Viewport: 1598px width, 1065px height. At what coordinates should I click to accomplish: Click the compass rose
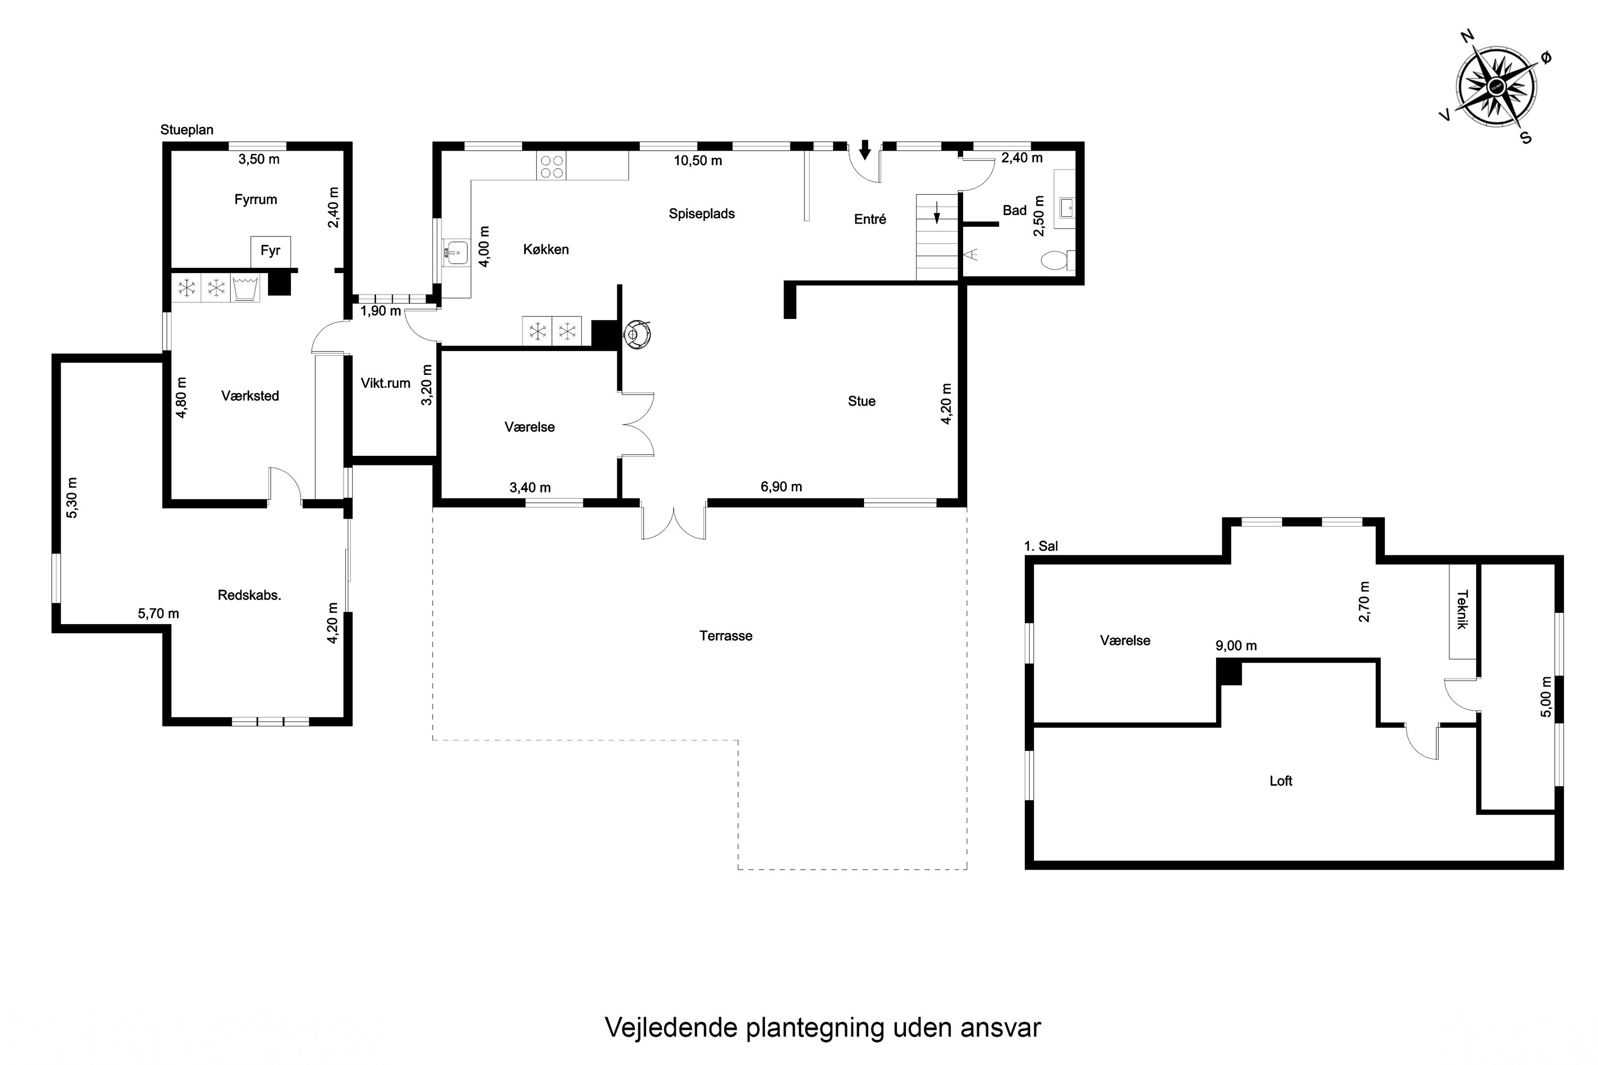(x=1497, y=87)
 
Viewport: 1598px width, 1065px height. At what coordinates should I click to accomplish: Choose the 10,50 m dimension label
(x=698, y=161)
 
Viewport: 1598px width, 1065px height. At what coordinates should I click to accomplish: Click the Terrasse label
(x=725, y=636)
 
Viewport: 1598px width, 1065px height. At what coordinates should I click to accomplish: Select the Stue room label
(x=861, y=402)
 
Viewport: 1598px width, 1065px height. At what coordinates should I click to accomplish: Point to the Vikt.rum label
(x=385, y=383)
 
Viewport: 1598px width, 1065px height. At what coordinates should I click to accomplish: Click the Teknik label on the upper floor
(x=1462, y=609)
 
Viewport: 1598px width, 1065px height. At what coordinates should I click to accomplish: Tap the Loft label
(x=1281, y=781)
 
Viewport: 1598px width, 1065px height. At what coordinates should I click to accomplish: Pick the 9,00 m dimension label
(x=1236, y=646)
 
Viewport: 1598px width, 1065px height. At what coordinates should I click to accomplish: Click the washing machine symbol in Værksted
(x=245, y=288)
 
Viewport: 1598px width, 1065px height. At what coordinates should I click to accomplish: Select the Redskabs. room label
(x=249, y=595)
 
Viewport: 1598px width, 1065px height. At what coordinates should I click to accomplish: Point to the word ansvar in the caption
(x=1001, y=1028)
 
